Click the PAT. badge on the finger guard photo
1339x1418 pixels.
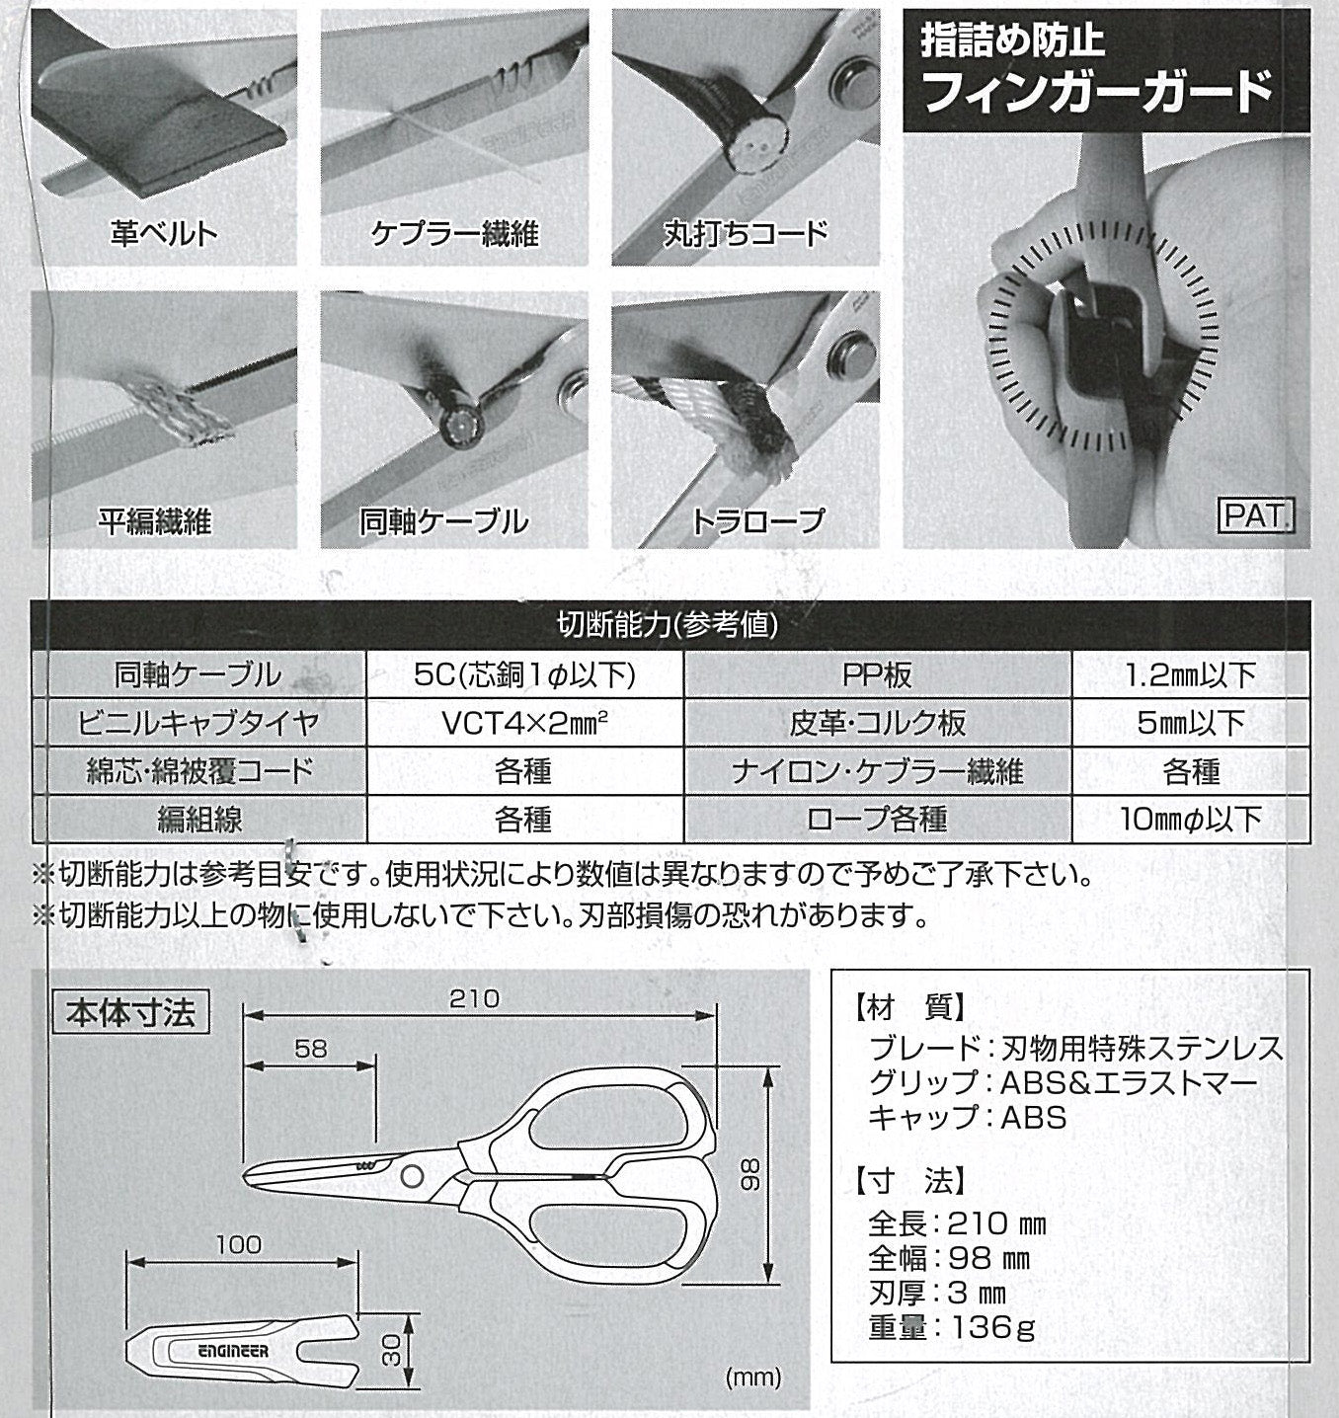(1256, 515)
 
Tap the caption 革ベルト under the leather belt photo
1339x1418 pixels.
(164, 233)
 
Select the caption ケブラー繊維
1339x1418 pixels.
(454, 233)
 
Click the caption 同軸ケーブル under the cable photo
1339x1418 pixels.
(443, 520)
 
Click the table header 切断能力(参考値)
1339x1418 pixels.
(669, 624)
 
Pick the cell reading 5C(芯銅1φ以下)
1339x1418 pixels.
(524, 675)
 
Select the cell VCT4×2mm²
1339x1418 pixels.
(524, 723)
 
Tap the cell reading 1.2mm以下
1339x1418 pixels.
(1191, 675)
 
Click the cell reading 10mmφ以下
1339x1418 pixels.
(1191, 819)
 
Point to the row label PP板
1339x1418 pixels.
(877, 675)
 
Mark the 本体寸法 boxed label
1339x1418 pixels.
(130, 1012)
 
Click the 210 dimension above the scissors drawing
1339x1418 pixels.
(474, 998)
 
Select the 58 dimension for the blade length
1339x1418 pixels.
(310, 1048)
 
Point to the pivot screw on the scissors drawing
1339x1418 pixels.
(411, 1174)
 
